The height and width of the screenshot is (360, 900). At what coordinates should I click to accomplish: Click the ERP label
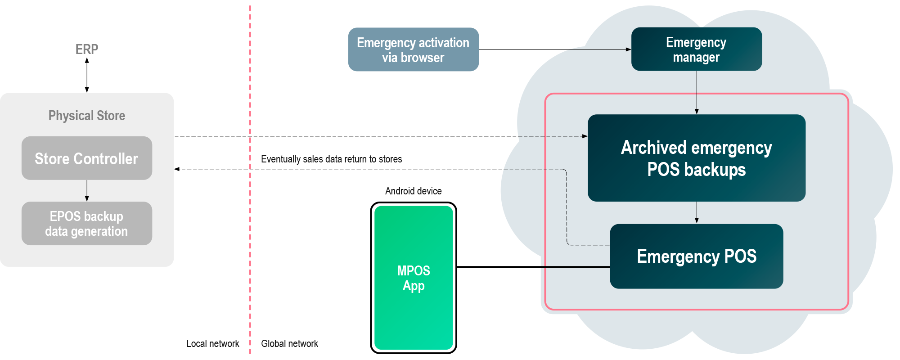(x=87, y=49)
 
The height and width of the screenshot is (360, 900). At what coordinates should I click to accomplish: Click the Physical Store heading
(x=87, y=116)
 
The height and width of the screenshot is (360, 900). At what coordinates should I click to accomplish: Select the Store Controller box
(x=87, y=158)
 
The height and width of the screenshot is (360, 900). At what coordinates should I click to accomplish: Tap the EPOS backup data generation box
(x=87, y=224)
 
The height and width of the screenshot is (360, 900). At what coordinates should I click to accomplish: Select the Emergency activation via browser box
(x=413, y=49)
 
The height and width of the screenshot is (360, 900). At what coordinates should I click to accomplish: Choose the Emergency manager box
(x=696, y=49)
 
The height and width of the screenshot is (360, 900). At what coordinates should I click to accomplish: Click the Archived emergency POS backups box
(x=696, y=158)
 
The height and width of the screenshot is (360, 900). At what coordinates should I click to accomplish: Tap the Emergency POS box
(x=696, y=256)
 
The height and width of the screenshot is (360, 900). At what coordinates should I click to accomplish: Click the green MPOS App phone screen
(x=414, y=278)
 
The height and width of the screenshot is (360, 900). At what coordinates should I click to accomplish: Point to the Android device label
(x=413, y=191)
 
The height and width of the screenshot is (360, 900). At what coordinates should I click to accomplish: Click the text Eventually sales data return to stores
(x=331, y=159)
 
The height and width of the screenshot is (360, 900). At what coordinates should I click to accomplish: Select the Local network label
(x=212, y=344)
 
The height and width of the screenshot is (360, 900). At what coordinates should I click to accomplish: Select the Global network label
(x=289, y=344)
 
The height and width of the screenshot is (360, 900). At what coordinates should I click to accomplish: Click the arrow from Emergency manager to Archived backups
(x=697, y=92)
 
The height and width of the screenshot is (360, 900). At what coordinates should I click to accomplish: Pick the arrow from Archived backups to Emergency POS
(x=697, y=212)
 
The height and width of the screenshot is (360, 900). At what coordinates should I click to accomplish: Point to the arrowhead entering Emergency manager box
(x=629, y=49)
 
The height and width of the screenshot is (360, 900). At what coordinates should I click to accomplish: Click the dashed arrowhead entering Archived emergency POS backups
(x=585, y=136)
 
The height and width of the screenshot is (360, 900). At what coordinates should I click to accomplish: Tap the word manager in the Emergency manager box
(x=696, y=58)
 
